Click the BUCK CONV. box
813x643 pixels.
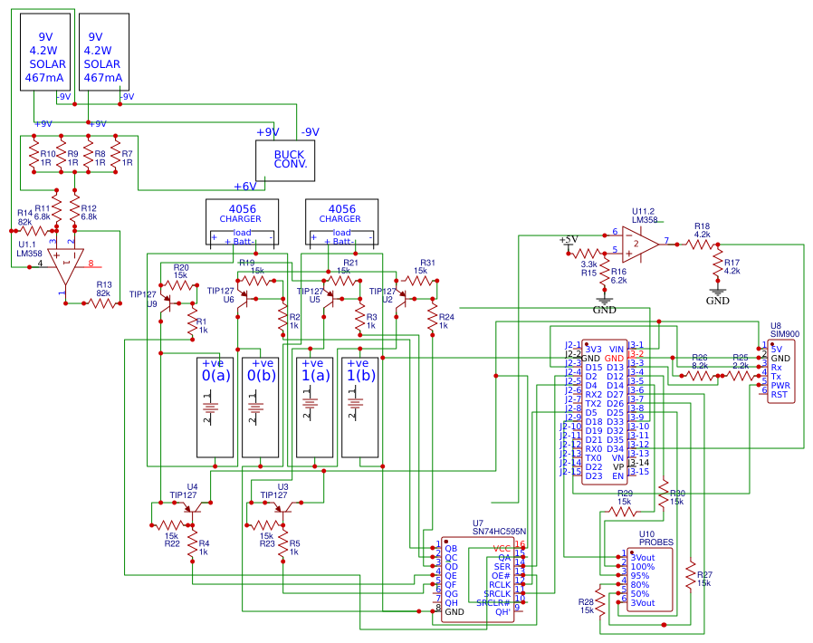point(290,159)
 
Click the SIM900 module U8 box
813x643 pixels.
point(783,371)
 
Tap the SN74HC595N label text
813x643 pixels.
point(499,533)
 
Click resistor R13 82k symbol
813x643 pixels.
point(101,303)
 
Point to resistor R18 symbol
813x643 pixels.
point(702,244)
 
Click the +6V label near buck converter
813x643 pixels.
point(244,187)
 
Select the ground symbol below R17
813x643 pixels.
point(718,293)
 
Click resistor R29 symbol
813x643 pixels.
point(623,512)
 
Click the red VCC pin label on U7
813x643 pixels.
point(502,549)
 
